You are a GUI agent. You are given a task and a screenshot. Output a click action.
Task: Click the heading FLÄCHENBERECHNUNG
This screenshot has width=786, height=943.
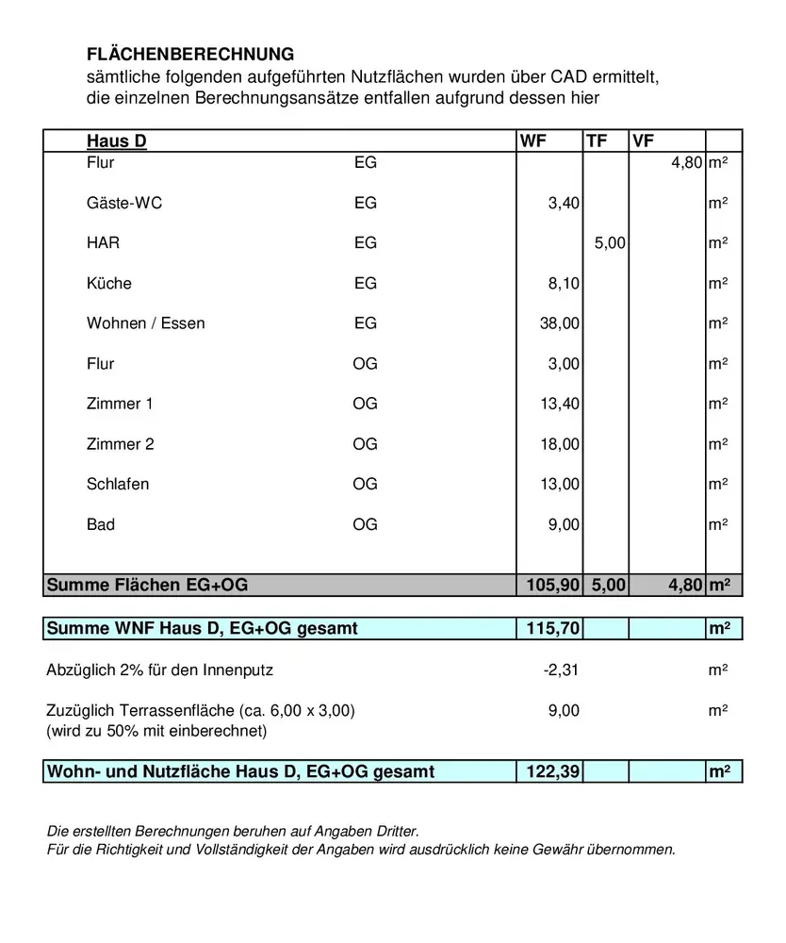point(190,55)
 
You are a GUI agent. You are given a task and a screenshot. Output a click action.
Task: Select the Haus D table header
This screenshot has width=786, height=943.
point(117,141)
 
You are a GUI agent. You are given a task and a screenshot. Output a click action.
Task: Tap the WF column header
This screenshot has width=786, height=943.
point(532,141)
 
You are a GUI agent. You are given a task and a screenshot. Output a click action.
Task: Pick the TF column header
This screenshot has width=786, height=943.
point(597,141)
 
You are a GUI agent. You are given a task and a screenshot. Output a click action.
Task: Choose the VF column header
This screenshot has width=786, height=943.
point(644,141)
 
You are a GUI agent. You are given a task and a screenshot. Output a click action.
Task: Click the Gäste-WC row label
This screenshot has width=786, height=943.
point(124,203)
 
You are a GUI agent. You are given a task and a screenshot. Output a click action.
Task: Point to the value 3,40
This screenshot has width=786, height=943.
point(564,203)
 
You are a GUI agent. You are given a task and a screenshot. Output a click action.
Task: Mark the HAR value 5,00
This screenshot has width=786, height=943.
point(610,243)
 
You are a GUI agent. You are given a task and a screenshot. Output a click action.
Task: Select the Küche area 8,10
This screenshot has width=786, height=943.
point(564,284)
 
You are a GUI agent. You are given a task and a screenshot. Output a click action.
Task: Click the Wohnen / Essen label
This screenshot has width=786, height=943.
point(145,323)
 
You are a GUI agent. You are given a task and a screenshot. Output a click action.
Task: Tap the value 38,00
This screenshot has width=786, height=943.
point(560,323)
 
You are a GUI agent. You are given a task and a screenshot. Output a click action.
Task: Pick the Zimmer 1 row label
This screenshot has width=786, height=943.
point(120,404)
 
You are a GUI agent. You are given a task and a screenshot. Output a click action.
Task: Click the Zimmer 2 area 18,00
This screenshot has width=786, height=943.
point(560,444)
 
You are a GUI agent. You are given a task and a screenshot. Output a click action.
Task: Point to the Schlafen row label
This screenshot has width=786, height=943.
point(118,484)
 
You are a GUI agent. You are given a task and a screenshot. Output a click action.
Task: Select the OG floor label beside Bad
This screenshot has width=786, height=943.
point(365,524)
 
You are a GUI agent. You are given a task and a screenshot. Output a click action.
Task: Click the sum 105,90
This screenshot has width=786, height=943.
point(551,586)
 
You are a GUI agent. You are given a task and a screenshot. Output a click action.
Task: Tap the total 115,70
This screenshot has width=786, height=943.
point(551,628)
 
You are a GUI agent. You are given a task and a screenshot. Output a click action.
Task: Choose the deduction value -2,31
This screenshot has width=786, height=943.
point(562,670)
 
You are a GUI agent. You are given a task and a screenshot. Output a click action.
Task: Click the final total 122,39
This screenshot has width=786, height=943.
point(551,772)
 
